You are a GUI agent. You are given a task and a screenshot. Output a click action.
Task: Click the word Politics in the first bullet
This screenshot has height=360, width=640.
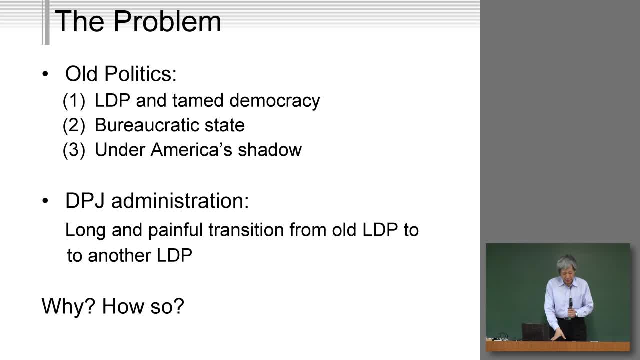point(141,73)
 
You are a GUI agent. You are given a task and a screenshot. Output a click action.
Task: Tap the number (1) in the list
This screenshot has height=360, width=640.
point(74,101)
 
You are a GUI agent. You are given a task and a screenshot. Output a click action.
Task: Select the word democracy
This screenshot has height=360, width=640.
point(274,101)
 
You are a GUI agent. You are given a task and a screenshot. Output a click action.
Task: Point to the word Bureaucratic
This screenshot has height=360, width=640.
point(147,125)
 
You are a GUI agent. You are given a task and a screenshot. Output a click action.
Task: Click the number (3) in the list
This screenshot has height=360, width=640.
point(74,150)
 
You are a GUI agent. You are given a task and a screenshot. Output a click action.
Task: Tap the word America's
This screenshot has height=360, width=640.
point(191,149)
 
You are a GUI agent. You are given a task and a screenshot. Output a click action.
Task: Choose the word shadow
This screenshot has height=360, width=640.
point(269,149)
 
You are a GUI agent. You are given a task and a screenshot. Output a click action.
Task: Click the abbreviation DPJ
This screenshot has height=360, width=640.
point(85,201)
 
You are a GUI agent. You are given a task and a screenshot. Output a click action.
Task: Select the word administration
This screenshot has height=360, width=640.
point(180,201)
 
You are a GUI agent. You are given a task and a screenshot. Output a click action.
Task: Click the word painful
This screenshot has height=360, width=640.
point(175,230)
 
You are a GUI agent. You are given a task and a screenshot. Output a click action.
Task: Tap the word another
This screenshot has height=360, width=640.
point(119,255)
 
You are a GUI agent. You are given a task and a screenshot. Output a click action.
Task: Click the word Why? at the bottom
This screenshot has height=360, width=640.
point(68,306)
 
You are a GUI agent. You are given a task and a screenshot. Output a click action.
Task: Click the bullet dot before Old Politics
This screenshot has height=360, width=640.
point(45,74)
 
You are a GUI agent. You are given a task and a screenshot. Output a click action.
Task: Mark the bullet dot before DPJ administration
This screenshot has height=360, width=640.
point(45,201)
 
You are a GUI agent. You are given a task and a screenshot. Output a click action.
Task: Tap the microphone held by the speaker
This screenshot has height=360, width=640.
point(570,303)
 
